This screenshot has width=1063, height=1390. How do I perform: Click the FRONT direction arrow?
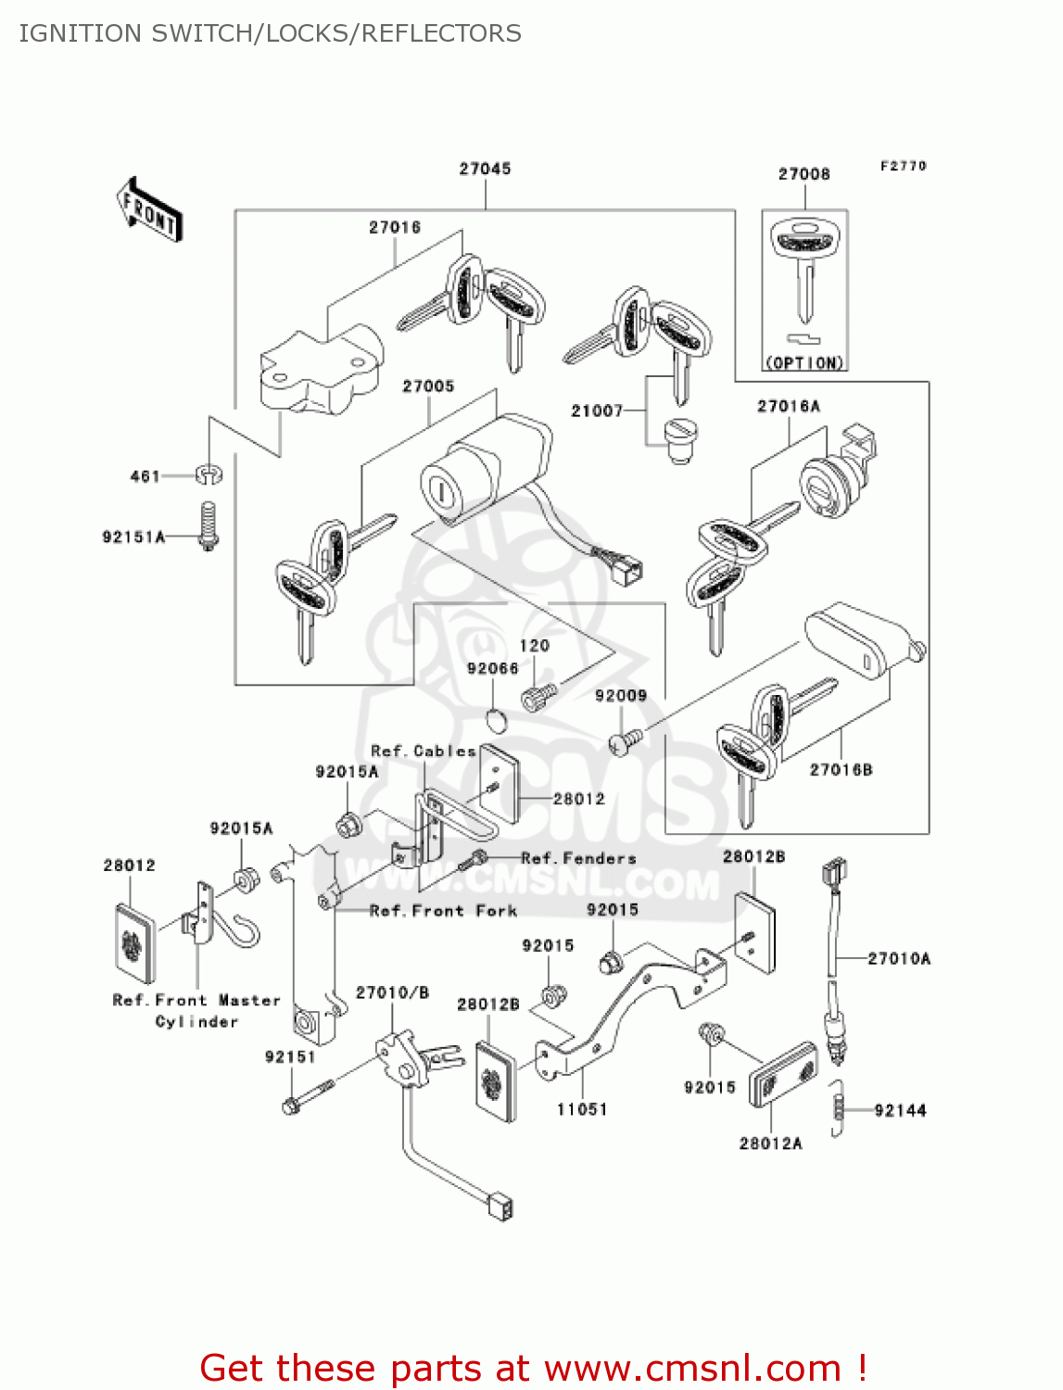tap(149, 210)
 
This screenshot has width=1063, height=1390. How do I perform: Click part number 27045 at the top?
tap(485, 169)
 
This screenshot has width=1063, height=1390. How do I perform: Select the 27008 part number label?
tap(804, 174)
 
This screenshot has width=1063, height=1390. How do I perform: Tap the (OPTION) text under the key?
tap(804, 363)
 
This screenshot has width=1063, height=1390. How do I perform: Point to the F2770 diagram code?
tap(903, 166)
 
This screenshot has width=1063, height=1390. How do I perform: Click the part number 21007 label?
tap(597, 411)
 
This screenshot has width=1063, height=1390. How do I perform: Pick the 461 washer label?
tap(146, 476)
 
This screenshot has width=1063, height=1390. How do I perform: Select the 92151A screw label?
tap(133, 537)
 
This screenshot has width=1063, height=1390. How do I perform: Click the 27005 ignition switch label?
tap(428, 386)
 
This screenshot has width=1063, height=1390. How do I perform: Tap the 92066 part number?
tap(492, 668)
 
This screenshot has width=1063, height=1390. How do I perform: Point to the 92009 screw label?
tap(620, 696)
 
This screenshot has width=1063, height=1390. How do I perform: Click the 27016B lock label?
tap(841, 769)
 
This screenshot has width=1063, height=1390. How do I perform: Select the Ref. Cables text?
tap(423, 751)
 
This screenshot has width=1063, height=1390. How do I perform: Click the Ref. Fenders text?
tap(578, 858)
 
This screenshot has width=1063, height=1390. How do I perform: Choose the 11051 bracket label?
tap(582, 1109)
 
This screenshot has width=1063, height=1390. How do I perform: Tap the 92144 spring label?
tap(900, 1110)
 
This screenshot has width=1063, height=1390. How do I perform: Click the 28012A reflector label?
tap(770, 1144)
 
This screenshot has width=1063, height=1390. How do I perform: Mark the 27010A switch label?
tap(899, 959)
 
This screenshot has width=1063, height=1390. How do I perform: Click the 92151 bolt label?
tap(290, 1057)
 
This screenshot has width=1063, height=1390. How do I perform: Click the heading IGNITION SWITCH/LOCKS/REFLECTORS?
tap(270, 33)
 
